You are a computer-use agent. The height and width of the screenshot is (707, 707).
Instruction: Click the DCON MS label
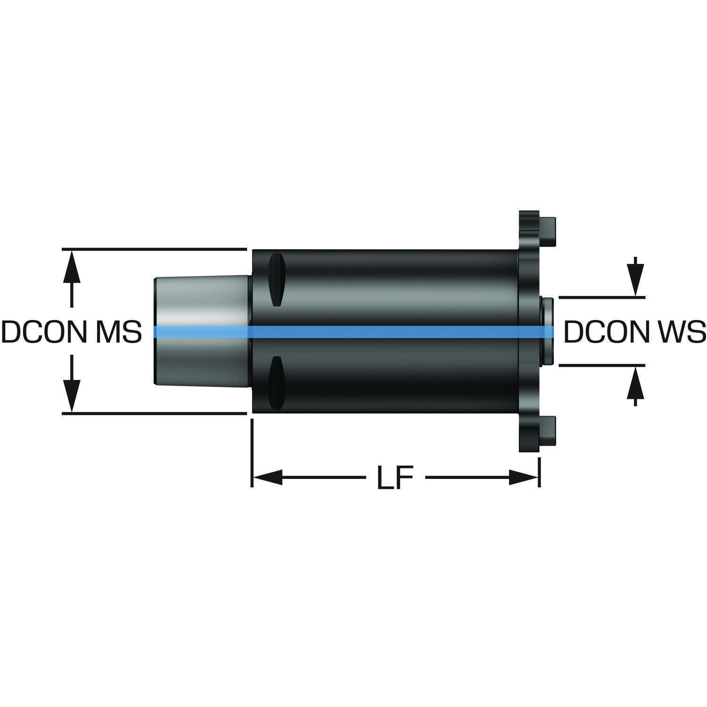pyautogui.click(x=72, y=332)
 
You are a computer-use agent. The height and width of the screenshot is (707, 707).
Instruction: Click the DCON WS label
pyautogui.click(x=634, y=332)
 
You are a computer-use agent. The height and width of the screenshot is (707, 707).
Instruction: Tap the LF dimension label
pyautogui.click(x=395, y=478)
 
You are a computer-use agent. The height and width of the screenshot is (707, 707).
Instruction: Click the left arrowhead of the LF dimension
pyautogui.click(x=267, y=477)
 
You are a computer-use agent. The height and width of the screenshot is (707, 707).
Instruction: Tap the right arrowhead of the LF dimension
pyautogui.click(x=524, y=477)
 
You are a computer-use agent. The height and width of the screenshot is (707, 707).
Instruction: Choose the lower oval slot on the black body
pyautogui.click(x=276, y=382)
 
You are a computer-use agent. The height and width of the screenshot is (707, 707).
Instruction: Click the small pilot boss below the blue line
pyautogui.click(x=547, y=351)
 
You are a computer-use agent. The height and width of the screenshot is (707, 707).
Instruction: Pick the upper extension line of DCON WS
pyautogui.click(x=601, y=297)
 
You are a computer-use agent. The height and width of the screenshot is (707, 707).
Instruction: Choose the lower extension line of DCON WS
pyautogui.click(x=601, y=365)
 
